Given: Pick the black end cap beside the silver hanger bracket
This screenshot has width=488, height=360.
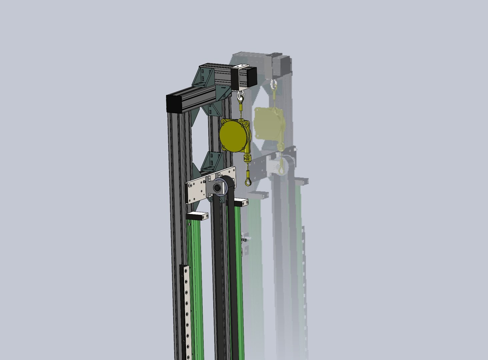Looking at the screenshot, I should [x=252, y=76].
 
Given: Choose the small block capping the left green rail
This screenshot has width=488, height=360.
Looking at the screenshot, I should [x=197, y=216].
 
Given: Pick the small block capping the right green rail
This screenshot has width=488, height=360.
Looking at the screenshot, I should [x=241, y=202].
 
